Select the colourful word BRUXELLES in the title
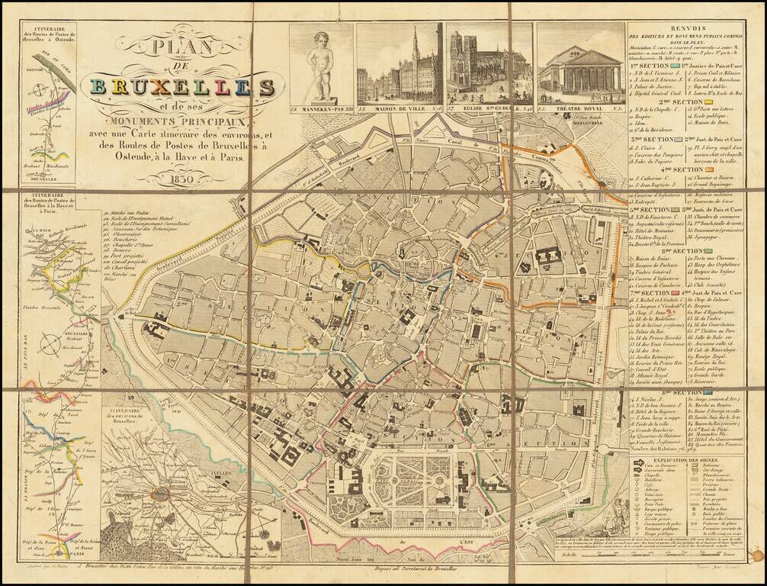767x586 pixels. (181, 85)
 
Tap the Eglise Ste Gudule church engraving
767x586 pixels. (488, 65)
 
